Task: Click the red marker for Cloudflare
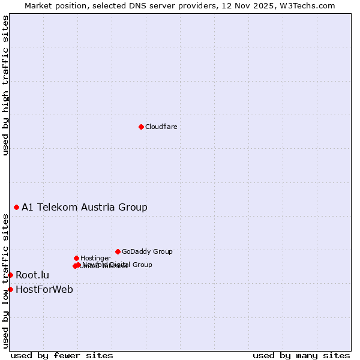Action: click(141, 127)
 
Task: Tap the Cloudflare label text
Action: click(161, 127)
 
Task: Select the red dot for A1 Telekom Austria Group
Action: click(16, 207)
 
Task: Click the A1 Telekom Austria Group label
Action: click(85, 208)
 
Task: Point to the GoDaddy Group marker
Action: click(118, 251)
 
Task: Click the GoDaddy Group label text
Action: click(147, 252)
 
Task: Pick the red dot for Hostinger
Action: click(76, 258)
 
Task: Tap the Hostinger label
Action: click(95, 259)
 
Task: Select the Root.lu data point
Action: click(10, 275)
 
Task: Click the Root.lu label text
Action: click(32, 275)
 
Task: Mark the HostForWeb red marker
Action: click(10, 289)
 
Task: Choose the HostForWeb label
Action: click(44, 290)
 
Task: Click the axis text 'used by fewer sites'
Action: click(62, 355)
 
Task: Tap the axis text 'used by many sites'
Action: click(301, 355)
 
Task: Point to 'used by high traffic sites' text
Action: click(6, 85)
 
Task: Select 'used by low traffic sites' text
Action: click(6, 281)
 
